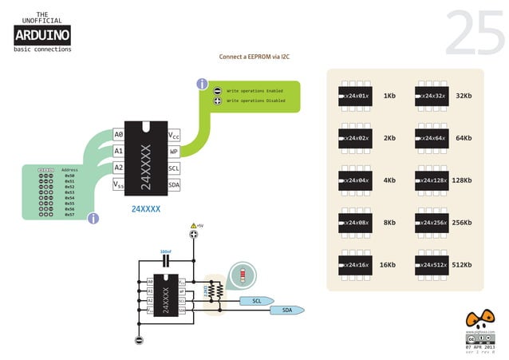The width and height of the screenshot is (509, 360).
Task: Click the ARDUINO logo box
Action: pos(42,34)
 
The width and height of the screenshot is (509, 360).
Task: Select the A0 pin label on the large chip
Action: pos(119,135)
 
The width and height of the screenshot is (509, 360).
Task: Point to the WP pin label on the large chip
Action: pos(174,152)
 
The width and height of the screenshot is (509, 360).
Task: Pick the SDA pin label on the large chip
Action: pos(174,184)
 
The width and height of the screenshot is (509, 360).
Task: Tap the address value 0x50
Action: pos(69,176)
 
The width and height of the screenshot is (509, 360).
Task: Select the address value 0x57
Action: pos(69,215)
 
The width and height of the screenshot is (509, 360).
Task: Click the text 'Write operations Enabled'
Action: pos(254,91)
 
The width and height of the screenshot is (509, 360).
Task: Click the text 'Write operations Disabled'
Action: pos(255,101)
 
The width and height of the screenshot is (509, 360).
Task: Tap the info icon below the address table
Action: pos(93,218)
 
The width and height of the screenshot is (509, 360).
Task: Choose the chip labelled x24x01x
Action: pos(355,96)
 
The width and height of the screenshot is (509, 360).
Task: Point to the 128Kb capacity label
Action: pos(462,180)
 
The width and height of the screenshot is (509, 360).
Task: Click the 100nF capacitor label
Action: pos(166,250)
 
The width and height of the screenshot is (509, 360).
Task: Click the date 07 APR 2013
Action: pos(479,346)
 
